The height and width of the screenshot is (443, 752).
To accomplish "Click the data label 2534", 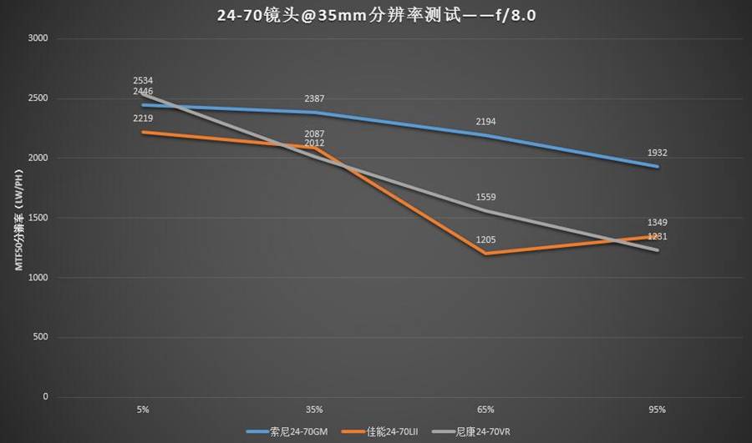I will tap(143, 81).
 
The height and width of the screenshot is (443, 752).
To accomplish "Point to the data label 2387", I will tap(315, 99).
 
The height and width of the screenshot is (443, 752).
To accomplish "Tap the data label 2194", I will tap(486, 122).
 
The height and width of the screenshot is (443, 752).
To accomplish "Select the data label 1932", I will tap(657, 154).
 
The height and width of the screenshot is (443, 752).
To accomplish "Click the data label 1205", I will tap(486, 240).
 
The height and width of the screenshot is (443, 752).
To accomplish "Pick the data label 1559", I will tap(486, 198).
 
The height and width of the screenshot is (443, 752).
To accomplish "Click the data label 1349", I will tap(657, 223).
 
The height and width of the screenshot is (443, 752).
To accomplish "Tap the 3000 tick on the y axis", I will tap(38, 38).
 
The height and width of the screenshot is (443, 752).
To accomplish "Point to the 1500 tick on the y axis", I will tap(38, 218).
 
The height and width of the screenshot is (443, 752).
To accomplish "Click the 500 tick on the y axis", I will tap(41, 337).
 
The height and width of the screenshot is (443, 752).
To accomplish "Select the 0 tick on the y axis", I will tap(47, 397).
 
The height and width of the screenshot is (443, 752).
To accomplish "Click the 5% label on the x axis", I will tap(143, 410).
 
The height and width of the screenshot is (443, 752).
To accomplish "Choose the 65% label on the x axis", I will tap(486, 410).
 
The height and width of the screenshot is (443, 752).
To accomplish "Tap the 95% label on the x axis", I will tap(657, 410).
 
